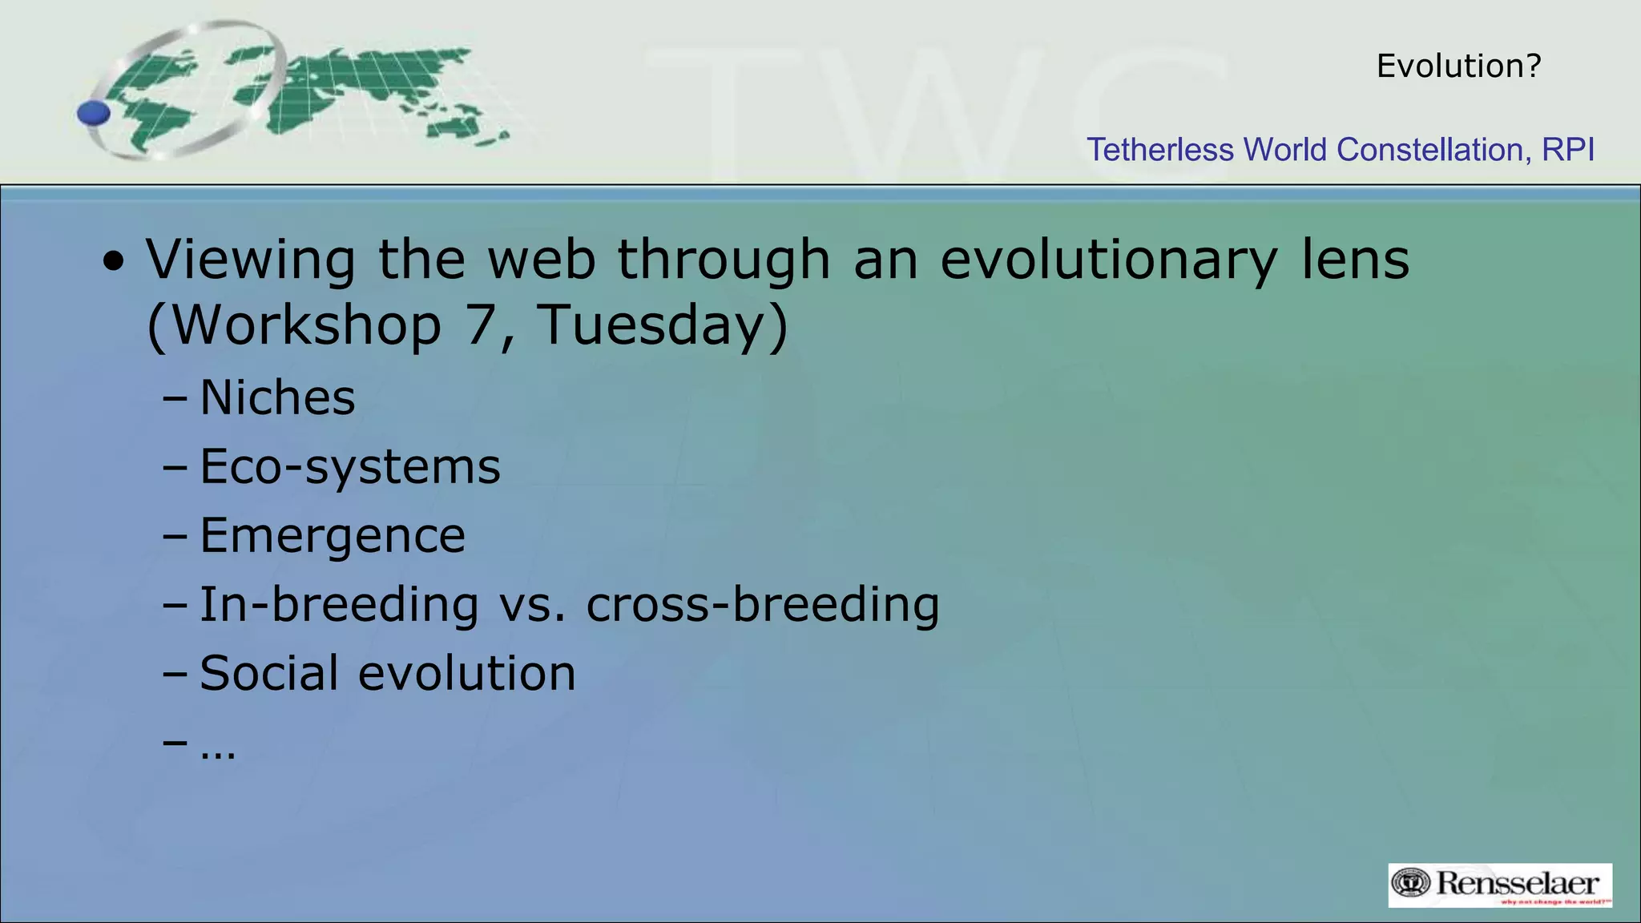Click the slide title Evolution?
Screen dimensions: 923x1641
[1458, 66]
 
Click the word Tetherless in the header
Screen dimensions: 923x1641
[1159, 150]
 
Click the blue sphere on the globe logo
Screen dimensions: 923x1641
[94, 113]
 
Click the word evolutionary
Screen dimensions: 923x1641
[1108, 261]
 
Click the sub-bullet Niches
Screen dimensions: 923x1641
[277, 397]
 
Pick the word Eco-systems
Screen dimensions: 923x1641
[349, 467]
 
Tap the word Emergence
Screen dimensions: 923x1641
[332, 536]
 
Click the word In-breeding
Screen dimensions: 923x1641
[338, 604]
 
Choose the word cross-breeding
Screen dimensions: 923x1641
[762, 604]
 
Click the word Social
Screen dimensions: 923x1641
[268, 673]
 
